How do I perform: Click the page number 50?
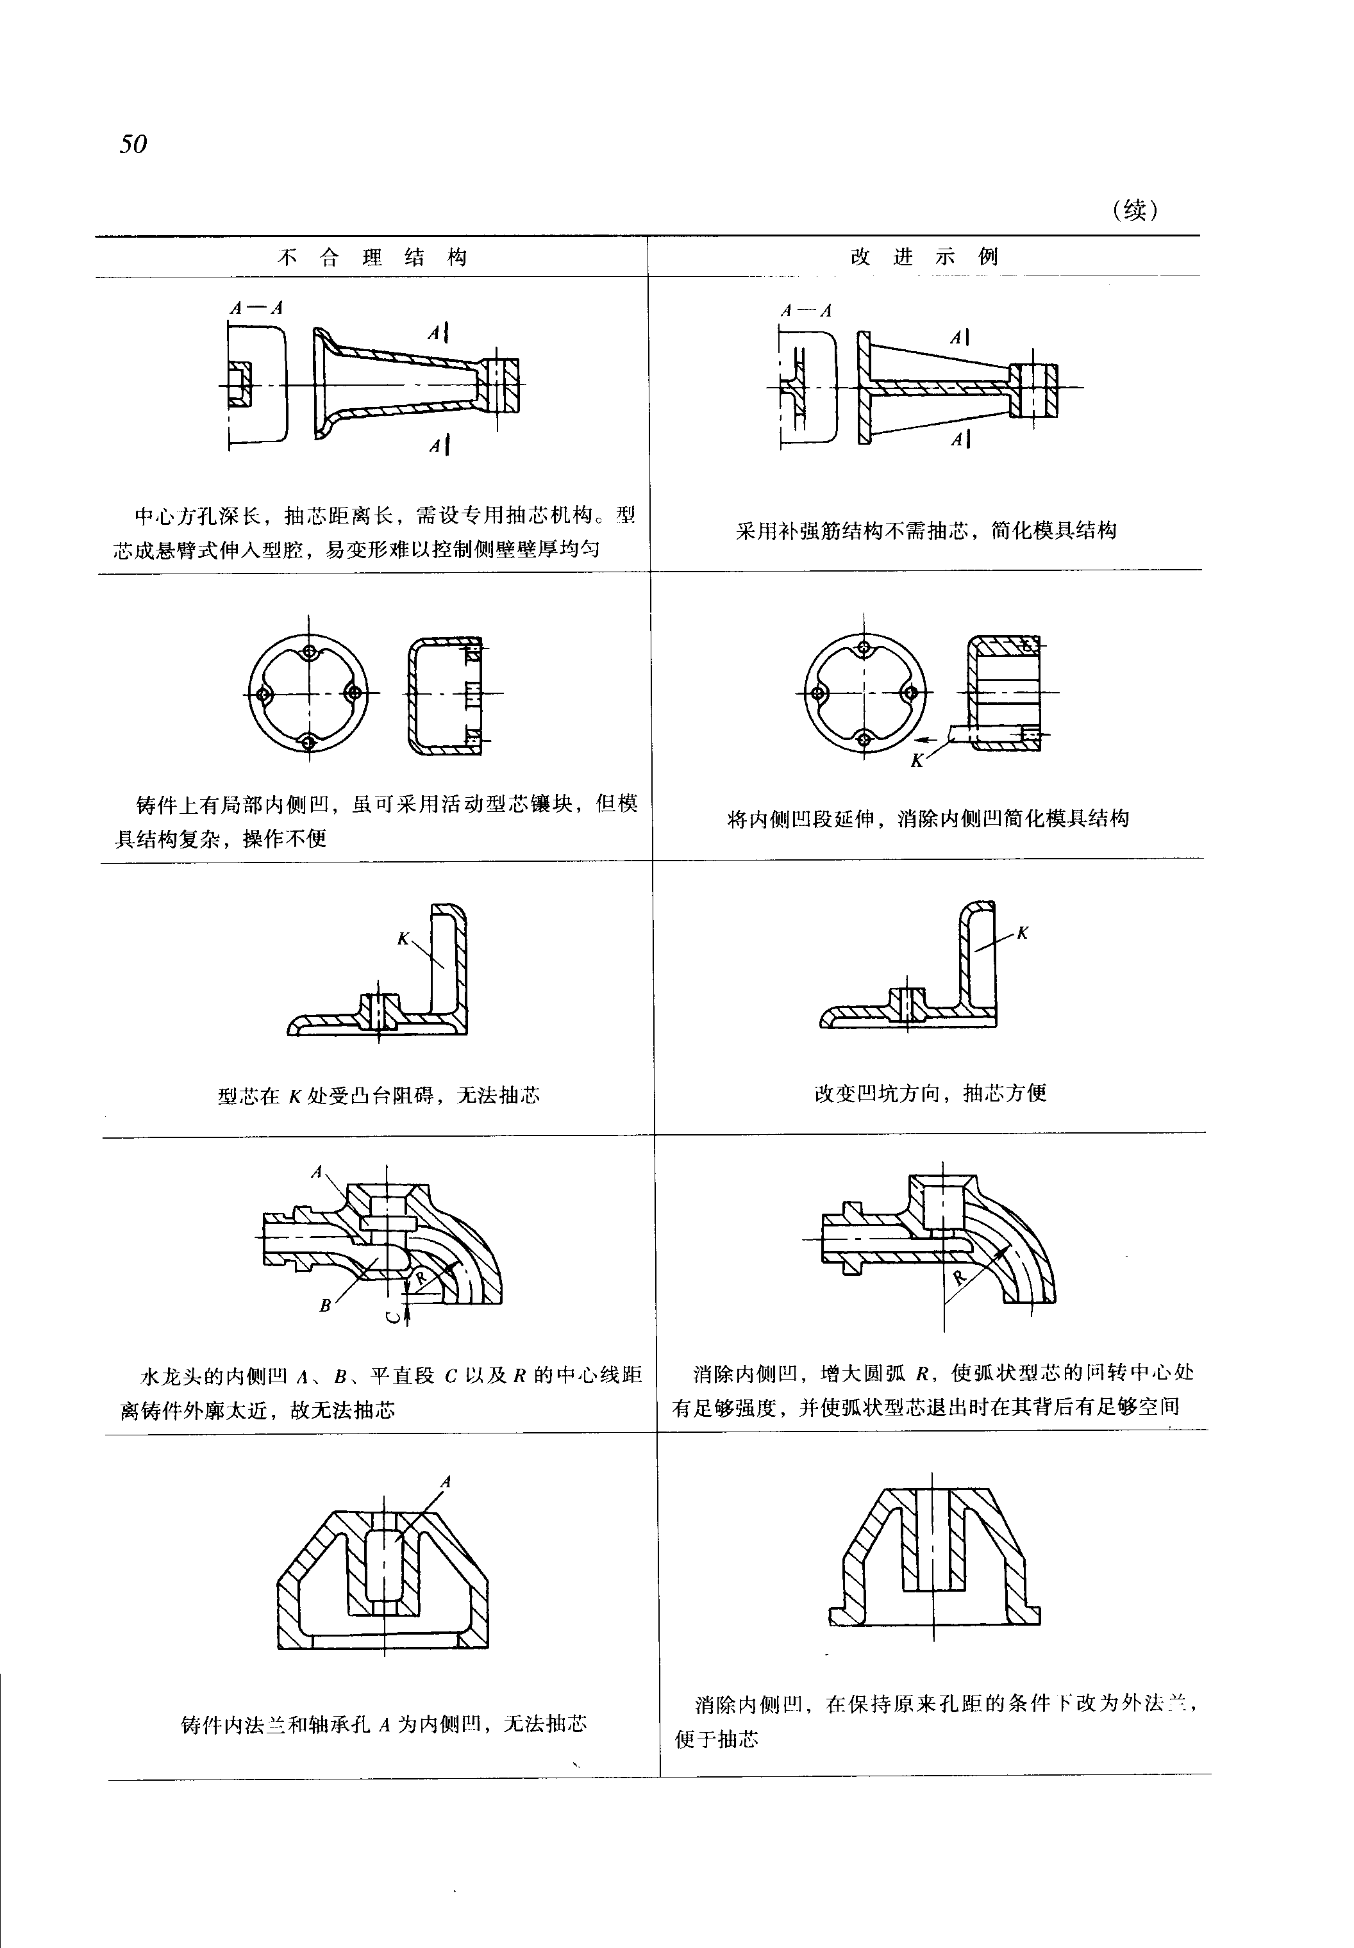[x=133, y=144]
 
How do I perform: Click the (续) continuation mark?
[x=1134, y=210]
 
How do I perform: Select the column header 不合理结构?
[x=372, y=257]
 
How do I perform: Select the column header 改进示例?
[x=924, y=256]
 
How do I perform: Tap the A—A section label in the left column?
[x=255, y=307]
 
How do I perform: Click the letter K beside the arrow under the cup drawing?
[x=916, y=761]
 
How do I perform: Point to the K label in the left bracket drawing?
[x=403, y=939]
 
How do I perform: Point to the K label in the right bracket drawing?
[x=1023, y=933]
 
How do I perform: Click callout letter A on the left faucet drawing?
[x=317, y=1172]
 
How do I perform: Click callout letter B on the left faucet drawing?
[x=324, y=1306]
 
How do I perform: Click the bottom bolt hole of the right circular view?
[x=864, y=738]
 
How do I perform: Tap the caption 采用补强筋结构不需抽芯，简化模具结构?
[x=926, y=531]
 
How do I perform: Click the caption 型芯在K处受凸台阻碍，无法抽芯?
[x=378, y=1096]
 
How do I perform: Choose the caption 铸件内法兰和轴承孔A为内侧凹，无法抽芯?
[x=383, y=1724]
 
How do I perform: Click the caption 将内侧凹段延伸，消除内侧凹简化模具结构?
[x=928, y=818]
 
